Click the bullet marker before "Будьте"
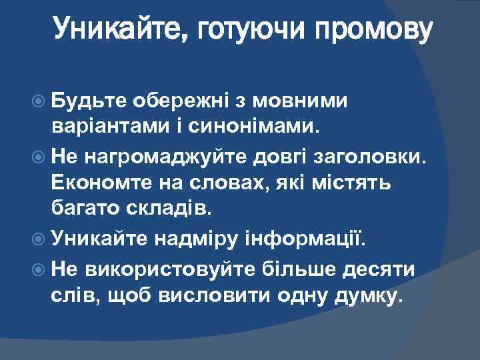[42, 101]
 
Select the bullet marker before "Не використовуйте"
[42, 270]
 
